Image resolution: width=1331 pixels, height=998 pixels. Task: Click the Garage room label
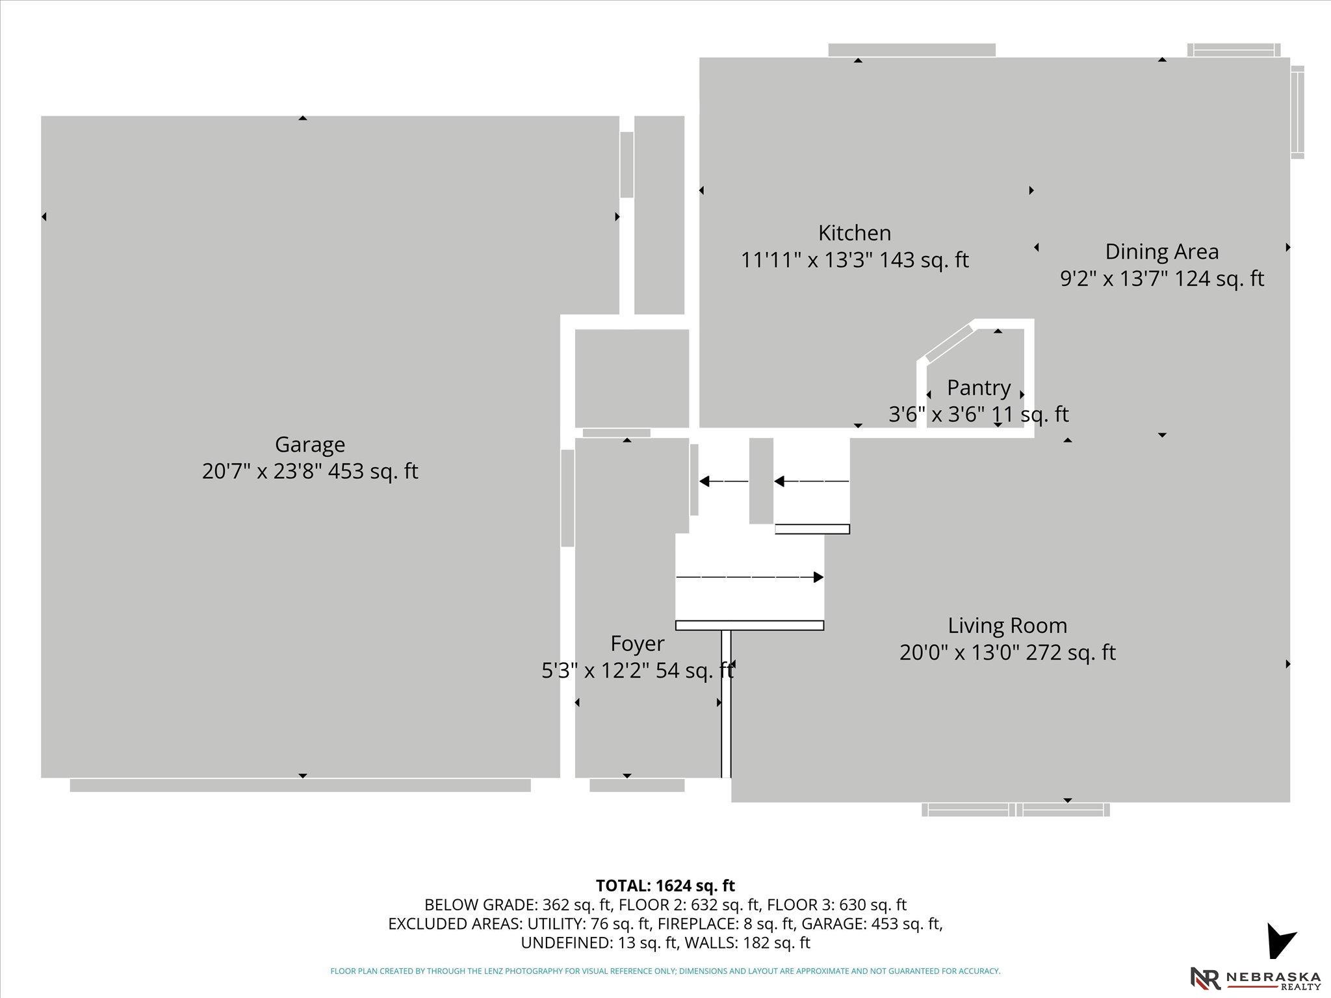[310, 444]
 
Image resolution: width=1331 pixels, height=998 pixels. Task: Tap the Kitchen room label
[855, 233]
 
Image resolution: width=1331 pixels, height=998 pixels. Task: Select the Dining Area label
[1162, 251]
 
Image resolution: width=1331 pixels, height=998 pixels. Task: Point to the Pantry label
[979, 388]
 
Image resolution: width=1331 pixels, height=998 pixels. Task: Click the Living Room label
[1007, 626]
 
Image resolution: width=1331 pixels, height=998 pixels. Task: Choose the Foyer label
[638, 644]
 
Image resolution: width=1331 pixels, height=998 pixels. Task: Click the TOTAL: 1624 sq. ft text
[665, 886]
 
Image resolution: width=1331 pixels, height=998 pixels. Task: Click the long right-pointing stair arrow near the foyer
[750, 577]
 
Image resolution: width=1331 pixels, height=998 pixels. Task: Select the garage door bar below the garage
[300, 786]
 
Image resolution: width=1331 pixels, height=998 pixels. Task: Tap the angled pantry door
[950, 344]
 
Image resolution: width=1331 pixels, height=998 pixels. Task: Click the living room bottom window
[1016, 810]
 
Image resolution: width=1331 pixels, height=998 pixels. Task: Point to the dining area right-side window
[1297, 112]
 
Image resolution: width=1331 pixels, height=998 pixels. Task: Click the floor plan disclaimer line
[665, 971]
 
